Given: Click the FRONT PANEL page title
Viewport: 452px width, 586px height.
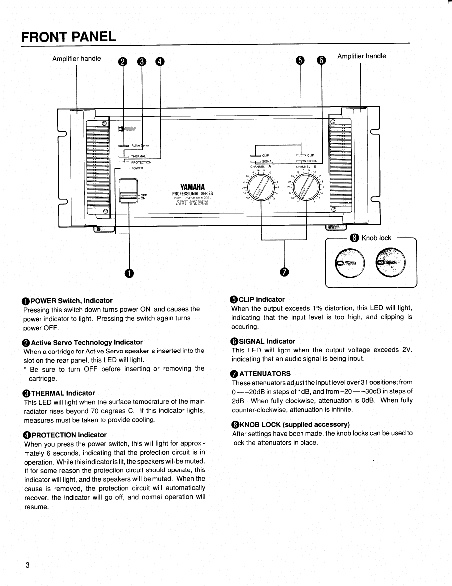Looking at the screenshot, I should tap(69, 37).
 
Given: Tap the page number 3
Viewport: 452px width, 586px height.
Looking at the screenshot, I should tap(28, 565).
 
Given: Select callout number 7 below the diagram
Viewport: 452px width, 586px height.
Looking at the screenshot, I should tap(284, 272).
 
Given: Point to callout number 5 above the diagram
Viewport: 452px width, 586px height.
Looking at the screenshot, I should tap(300, 60).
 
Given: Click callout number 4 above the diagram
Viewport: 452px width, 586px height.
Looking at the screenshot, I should tap(159, 61).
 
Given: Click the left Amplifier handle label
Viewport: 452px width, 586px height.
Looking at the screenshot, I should tap(76, 59).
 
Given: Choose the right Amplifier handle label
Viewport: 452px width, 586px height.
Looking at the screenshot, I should tap(361, 56).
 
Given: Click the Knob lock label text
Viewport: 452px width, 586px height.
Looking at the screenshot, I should tap(376, 238).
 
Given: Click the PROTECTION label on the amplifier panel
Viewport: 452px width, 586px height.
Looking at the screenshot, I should tap(141, 162).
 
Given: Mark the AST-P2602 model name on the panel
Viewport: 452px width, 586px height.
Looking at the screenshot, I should tap(192, 202).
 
